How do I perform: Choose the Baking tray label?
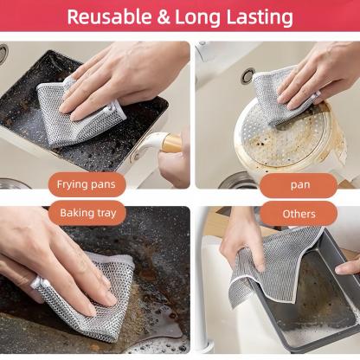pos(87,213)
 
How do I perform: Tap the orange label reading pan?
pos(299,184)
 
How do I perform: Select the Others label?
pos(299,213)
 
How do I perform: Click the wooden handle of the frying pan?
pos(170,143)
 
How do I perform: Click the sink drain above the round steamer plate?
pos(248,76)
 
